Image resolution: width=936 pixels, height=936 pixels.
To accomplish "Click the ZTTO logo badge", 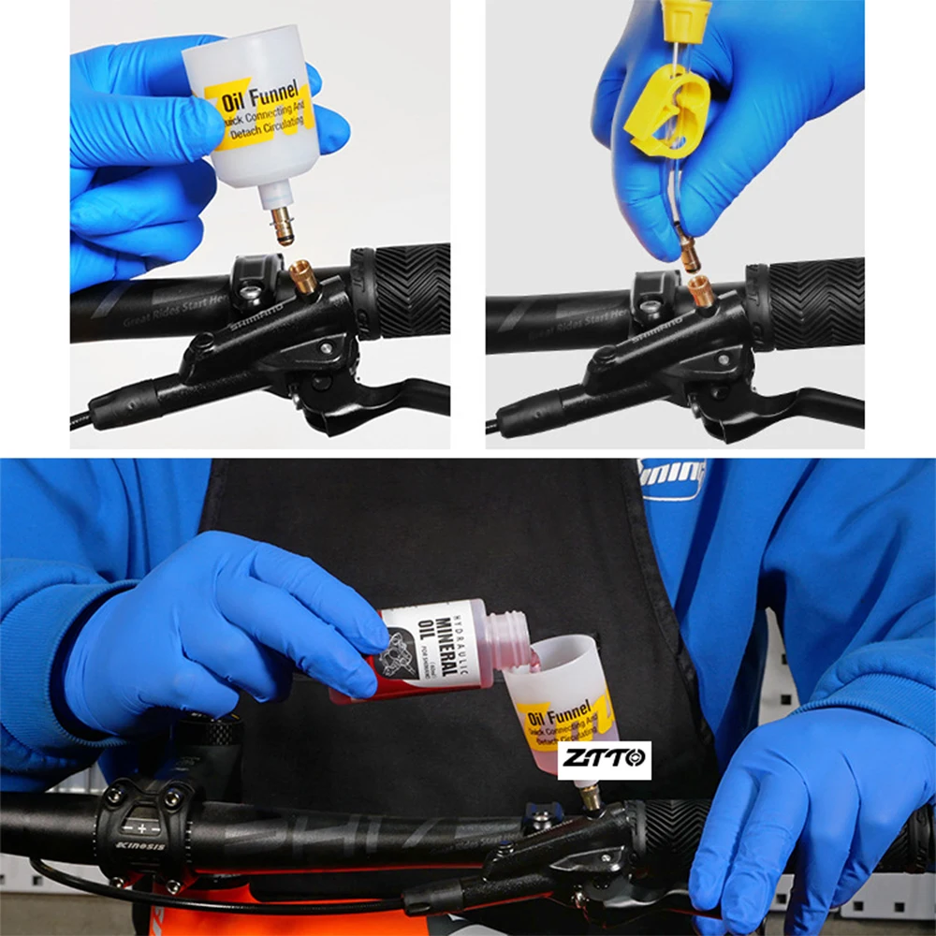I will coord(604,759).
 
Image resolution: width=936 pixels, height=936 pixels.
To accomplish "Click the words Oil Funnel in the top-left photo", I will coord(260,94).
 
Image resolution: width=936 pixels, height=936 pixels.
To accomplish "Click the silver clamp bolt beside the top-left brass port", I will coord(249,293).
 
